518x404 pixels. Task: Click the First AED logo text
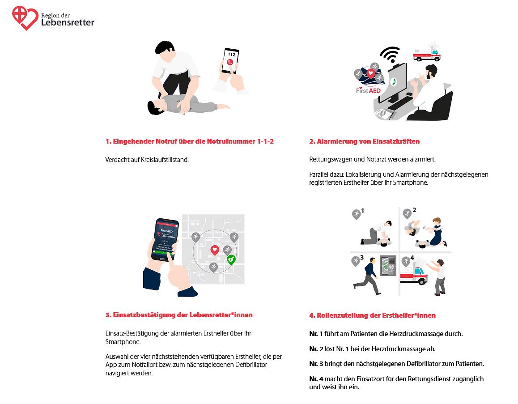pyautogui.click(x=368, y=91)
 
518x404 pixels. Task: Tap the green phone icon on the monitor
pyautogui.click(x=394, y=82)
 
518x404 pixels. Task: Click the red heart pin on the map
pyautogui.click(x=215, y=250)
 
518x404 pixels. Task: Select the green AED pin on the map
pyautogui.click(x=231, y=259)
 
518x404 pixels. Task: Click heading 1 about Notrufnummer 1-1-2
pyautogui.click(x=189, y=141)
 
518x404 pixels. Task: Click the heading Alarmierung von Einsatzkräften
pyautogui.click(x=364, y=141)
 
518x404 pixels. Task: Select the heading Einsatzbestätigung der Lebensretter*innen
pyautogui.click(x=179, y=315)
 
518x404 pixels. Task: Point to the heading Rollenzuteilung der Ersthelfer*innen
pyautogui.click(x=372, y=315)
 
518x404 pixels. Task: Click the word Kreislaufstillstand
pyautogui.click(x=165, y=160)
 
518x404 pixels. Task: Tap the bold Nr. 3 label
pyautogui.click(x=315, y=364)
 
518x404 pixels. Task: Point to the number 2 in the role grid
pyautogui.click(x=414, y=210)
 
